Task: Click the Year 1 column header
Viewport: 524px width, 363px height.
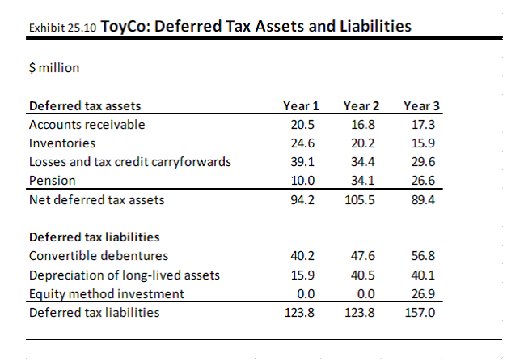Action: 301,106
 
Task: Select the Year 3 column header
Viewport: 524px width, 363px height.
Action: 421,106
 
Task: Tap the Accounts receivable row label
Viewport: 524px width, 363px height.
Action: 87,125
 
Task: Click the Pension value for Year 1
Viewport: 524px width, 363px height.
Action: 302,180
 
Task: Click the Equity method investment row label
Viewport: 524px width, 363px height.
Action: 106,293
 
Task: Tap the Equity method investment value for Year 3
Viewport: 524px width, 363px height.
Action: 422,293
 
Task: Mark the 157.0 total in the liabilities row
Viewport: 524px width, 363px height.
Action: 420,312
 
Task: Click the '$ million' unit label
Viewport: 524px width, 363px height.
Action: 53,67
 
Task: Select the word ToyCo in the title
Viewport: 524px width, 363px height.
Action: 125,26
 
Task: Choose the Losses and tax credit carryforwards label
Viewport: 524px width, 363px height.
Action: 129,161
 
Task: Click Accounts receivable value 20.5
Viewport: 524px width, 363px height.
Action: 302,125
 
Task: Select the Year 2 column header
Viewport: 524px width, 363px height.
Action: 361,106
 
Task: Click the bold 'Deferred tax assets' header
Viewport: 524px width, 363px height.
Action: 84,106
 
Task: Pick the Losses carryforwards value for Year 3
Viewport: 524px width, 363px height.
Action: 422,161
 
